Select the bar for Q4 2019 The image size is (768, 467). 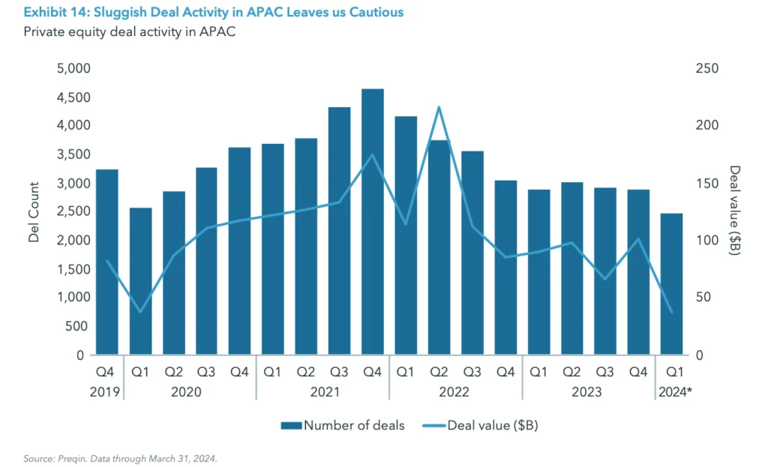pos(107,262)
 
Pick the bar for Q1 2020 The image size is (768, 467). pos(140,280)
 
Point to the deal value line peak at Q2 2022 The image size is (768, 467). pos(439,107)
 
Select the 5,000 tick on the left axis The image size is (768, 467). pos(73,69)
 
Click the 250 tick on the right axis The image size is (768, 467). pos(708,69)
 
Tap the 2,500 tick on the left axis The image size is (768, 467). pos(73,212)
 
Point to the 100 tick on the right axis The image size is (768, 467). pos(708,241)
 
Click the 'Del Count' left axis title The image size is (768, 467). pos(34,212)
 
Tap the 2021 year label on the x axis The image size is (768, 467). pos(322,391)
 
